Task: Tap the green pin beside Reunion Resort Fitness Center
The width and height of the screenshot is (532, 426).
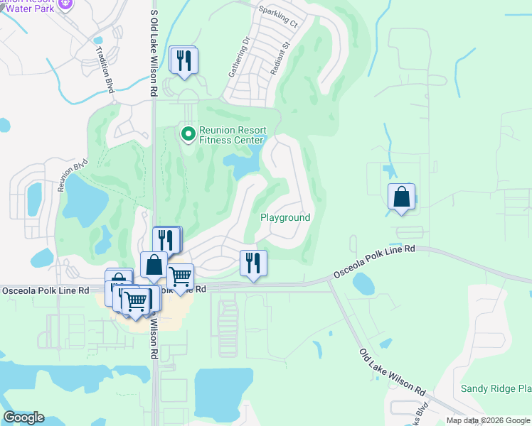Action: (188, 133)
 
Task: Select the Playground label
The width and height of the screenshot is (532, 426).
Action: (285, 217)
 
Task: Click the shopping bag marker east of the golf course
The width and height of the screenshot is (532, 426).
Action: (401, 197)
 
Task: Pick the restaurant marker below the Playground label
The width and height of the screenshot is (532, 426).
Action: (253, 263)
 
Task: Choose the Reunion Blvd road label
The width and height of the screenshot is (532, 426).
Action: (72, 177)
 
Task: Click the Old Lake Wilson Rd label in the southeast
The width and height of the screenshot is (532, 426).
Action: (392, 373)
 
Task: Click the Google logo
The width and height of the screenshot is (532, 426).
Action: (23, 417)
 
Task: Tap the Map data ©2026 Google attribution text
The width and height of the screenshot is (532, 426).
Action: (488, 420)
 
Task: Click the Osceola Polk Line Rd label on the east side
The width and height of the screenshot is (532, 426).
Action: (373, 263)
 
